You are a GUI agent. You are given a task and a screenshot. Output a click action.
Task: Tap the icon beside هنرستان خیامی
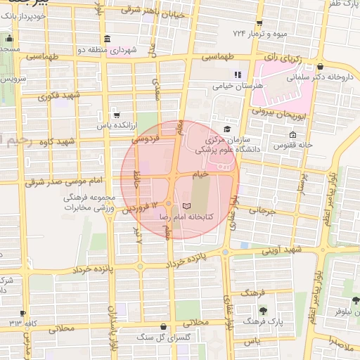pos(238,74)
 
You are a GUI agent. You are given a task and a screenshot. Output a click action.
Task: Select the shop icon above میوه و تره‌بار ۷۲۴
pos(259,23)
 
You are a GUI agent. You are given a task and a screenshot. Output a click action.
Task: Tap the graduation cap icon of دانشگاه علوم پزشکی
pos(226,129)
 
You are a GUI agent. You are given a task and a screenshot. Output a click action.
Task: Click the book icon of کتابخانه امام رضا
pos(186,205)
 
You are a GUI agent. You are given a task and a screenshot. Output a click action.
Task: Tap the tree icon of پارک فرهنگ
pos(263,310)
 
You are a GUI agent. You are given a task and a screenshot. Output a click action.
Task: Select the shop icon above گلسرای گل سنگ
pos(164,326)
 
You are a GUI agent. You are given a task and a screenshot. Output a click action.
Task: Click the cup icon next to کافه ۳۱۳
pos(23,314)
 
